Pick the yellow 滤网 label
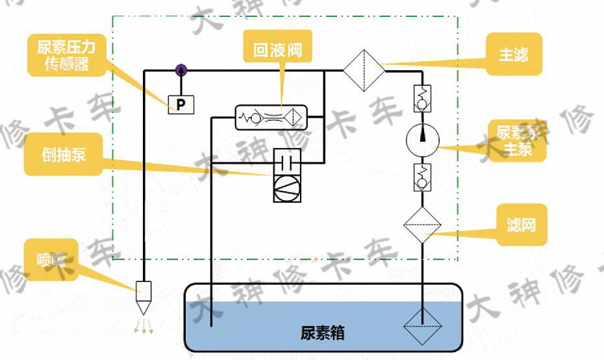[x=521, y=225]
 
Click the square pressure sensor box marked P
[x=181, y=104]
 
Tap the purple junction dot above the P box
[x=181, y=70]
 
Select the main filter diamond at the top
[x=364, y=70]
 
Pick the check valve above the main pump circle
[x=423, y=99]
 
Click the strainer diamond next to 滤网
[x=422, y=225]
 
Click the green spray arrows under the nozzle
[x=144, y=326]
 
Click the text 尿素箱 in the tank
[x=322, y=333]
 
